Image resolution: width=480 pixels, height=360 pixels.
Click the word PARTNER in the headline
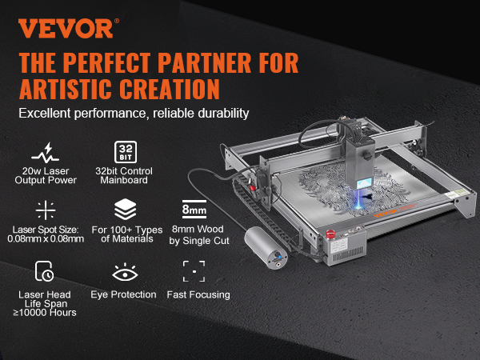204,62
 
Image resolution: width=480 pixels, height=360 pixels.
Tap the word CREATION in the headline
170,89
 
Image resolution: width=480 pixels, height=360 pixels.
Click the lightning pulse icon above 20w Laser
46,153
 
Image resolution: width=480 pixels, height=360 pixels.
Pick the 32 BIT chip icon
126,152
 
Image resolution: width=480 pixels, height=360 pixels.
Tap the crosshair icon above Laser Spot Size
46,210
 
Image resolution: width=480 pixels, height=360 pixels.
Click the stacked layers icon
126,209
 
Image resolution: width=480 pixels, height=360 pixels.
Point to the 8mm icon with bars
194,209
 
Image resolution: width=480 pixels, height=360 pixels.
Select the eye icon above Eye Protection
125,272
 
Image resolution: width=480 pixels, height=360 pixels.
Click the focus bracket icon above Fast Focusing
194,271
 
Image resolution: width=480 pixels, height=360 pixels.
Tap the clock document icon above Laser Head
44,271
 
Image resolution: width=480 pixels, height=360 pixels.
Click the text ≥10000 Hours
45,313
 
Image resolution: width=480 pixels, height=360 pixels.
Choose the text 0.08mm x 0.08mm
46,238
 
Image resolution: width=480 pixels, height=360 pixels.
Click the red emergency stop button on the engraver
330,234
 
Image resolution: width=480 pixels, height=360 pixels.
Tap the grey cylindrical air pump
266,248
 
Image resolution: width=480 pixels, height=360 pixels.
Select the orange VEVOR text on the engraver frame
386,213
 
